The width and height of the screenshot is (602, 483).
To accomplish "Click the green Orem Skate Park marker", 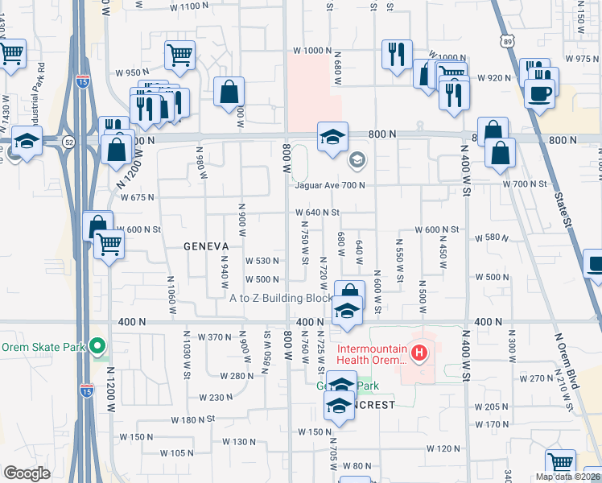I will tap(98, 348).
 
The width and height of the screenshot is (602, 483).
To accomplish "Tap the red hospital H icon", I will tap(418, 352).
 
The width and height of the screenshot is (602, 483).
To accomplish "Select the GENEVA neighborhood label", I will tap(206, 246).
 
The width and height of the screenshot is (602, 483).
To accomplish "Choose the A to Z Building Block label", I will tap(281, 298).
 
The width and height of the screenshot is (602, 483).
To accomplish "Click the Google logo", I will tap(27, 473).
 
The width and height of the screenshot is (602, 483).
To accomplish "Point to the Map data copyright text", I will tap(568, 477).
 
